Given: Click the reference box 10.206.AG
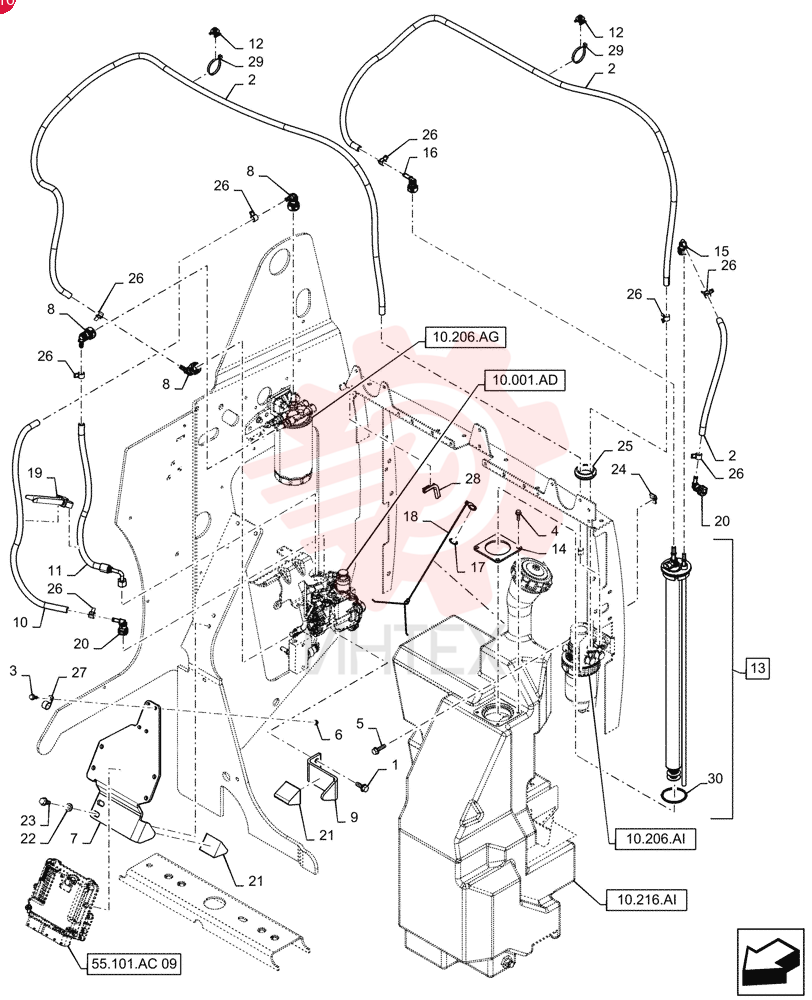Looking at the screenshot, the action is (464, 337).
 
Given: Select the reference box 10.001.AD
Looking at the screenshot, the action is (525, 381).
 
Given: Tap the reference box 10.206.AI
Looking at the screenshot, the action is (655, 839).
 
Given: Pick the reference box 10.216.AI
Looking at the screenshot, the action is (647, 900).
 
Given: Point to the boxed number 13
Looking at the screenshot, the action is (757, 668).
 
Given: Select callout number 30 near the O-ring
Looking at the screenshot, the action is (715, 779).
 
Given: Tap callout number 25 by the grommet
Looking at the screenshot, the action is (624, 446).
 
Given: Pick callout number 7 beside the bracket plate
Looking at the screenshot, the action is (74, 838).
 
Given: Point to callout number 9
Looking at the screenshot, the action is (353, 817).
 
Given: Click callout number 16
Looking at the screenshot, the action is (431, 153).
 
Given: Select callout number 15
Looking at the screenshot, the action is (721, 251).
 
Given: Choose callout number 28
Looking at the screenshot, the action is (472, 478).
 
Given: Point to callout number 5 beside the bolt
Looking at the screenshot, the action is (360, 723).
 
